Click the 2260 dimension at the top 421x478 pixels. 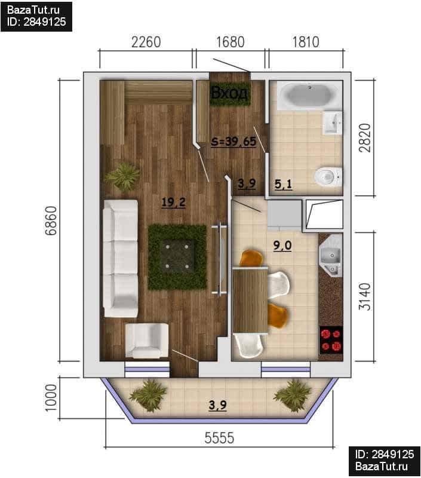(146, 42)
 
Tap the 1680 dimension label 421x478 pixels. (231, 42)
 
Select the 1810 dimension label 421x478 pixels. (306, 42)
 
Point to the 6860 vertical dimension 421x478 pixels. (51, 220)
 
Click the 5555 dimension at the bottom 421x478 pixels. (219, 438)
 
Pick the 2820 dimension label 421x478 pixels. (365, 138)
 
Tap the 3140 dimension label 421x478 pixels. (365, 296)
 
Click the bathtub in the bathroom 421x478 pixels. (306, 95)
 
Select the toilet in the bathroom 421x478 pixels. (328, 177)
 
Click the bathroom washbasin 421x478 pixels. (333, 123)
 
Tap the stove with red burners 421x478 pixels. (331, 340)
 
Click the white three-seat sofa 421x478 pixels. (121, 259)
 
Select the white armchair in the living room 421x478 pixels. (147, 341)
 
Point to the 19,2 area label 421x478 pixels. (173, 202)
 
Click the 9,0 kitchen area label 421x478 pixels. (282, 246)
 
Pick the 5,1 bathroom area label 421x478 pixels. (283, 184)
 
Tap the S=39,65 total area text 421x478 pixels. (233, 142)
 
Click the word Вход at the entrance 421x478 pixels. (229, 93)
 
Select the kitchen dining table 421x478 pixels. (250, 300)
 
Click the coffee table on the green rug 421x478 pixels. (177, 256)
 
